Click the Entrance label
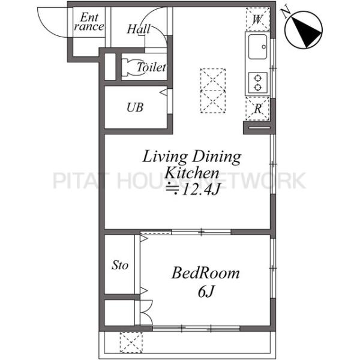[89, 22]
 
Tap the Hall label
[139, 29]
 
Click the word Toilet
[151, 67]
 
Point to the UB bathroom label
[135, 107]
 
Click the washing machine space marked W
[257, 19]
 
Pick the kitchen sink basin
[257, 47]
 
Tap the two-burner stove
[258, 83]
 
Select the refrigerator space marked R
[257, 109]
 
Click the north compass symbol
[304, 30]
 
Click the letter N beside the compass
[286, 13]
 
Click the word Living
[165, 157]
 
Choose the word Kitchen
[192, 173]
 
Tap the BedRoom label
[205, 273]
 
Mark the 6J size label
[206, 292]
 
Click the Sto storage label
[120, 265]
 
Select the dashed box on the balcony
[131, 343]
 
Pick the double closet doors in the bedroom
[146, 312]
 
